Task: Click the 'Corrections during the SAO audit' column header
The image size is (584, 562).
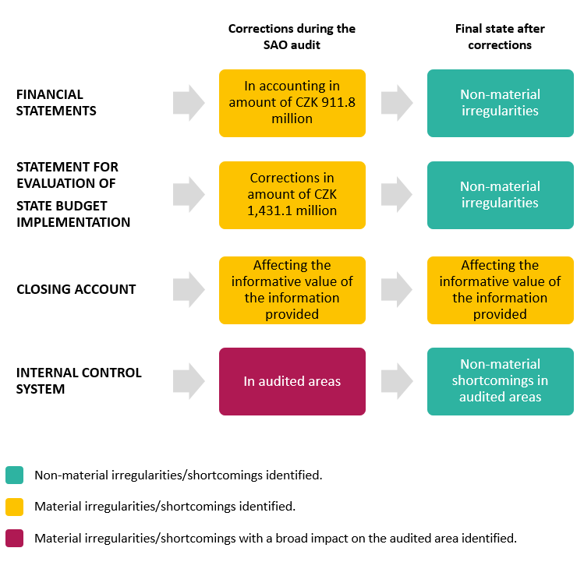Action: pyautogui.click(x=292, y=37)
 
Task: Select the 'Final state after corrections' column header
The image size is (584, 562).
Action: pyautogui.click(x=500, y=37)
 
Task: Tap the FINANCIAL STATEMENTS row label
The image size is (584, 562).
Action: pyautogui.click(x=57, y=103)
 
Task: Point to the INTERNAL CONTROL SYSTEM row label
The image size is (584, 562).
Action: pyautogui.click(x=79, y=380)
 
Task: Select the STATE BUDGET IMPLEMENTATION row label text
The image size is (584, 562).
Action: pyautogui.click(x=73, y=214)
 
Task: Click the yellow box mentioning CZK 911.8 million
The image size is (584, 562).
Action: pyautogui.click(x=292, y=103)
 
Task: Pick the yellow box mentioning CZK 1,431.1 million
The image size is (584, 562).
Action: pyautogui.click(x=292, y=195)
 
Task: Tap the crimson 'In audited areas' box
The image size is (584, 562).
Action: pyautogui.click(x=292, y=381)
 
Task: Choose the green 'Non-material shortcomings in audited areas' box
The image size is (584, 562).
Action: pyautogui.click(x=500, y=381)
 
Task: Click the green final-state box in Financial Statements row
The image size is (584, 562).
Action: pyautogui.click(x=500, y=103)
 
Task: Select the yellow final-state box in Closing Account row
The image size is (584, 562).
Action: pyautogui.click(x=500, y=290)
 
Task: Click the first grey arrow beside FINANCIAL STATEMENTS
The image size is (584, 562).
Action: pyautogui.click(x=189, y=103)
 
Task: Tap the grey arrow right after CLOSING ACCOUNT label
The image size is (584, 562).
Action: pyautogui.click(x=189, y=290)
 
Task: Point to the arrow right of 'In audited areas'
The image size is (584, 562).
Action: pyautogui.click(x=397, y=381)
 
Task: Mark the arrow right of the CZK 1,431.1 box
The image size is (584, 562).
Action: pyautogui.click(x=397, y=195)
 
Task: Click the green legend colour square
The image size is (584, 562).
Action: pyautogui.click(x=14, y=475)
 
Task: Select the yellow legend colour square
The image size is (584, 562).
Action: pyautogui.click(x=14, y=507)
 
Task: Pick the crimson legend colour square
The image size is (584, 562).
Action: pyautogui.click(x=14, y=538)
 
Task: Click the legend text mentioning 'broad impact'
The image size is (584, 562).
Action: pyautogui.click(x=275, y=538)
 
